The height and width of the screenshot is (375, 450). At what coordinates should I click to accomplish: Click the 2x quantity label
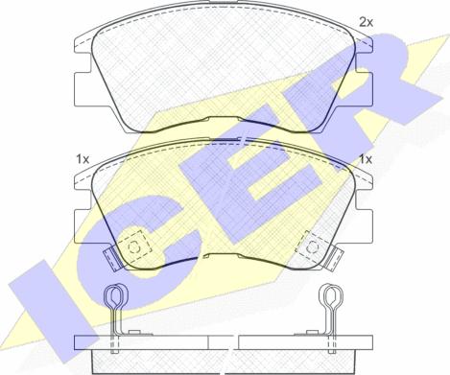click(366, 20)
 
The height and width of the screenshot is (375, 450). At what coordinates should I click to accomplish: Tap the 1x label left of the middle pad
click(83, 158)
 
